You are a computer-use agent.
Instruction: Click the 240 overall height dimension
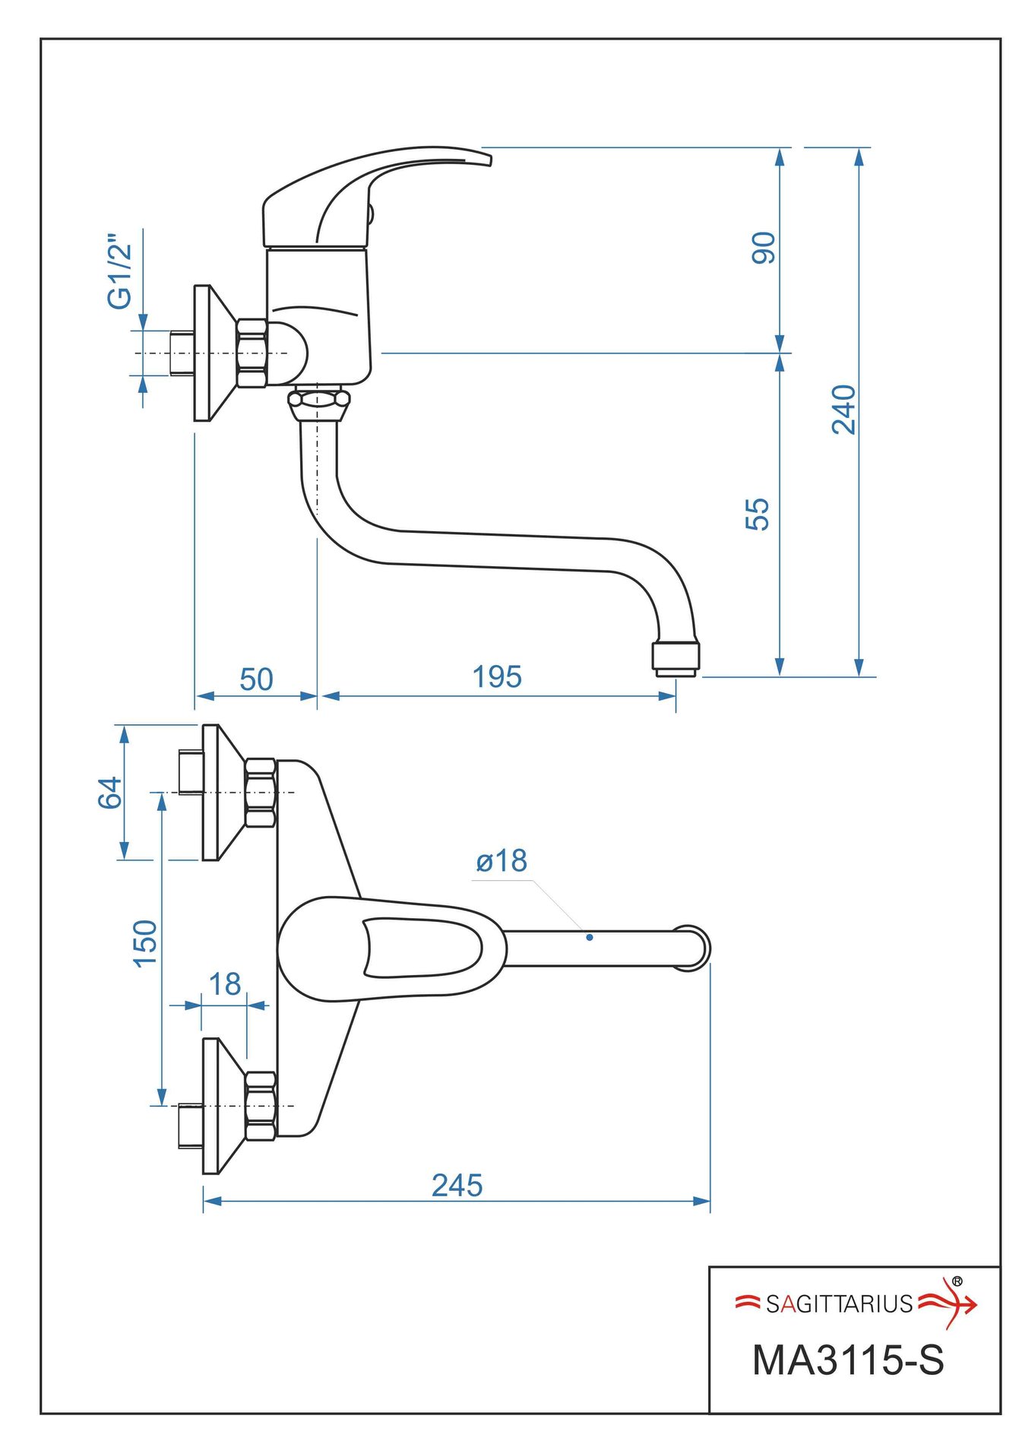coord(843,410)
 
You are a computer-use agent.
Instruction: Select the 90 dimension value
coord(763,248)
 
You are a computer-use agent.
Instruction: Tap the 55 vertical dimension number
coord(758,514)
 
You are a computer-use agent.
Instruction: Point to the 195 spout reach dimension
coord(497,676)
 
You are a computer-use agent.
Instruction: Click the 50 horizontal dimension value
coord(256,679)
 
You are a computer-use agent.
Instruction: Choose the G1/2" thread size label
coord(120,271)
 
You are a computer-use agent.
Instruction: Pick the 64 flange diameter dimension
coord(109,793)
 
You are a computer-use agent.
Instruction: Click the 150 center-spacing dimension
coord(145,943)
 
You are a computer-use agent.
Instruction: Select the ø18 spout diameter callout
coord(502,861)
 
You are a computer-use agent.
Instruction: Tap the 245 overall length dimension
coord(457,1186)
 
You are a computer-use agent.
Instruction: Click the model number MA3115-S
coord(847,1360)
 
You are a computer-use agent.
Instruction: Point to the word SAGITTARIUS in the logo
coord(838,1304)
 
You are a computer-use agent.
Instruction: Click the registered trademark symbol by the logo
coord(957,1281)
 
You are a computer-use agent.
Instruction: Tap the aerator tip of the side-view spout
coord(675,658)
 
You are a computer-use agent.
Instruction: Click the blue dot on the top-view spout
coord(590,937)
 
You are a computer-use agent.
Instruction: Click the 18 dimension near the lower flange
coord(225,984)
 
